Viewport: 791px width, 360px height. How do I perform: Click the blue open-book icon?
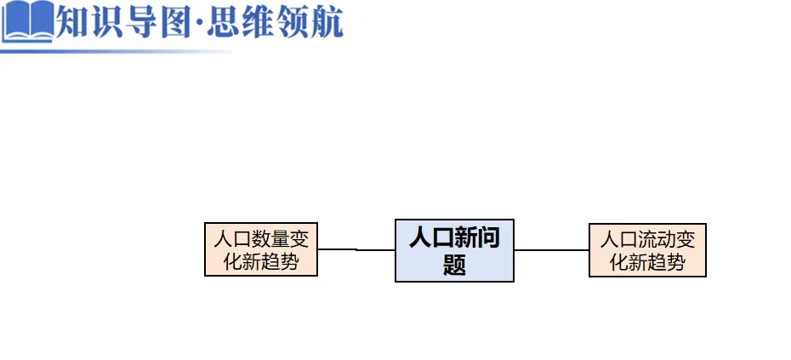click(x=27, y=22)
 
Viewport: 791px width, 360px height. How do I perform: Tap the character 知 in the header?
click(x=74, y=20)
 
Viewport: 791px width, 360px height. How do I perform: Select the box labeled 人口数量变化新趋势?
click(x=261, y=249)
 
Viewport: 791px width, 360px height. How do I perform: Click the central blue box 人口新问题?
click(x=454, y=250)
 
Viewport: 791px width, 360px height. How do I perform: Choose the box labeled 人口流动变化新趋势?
click(x=647, y=250)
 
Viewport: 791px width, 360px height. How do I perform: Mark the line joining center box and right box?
click(x=551, y=250)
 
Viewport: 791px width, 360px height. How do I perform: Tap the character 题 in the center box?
click(x=455, y=265)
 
